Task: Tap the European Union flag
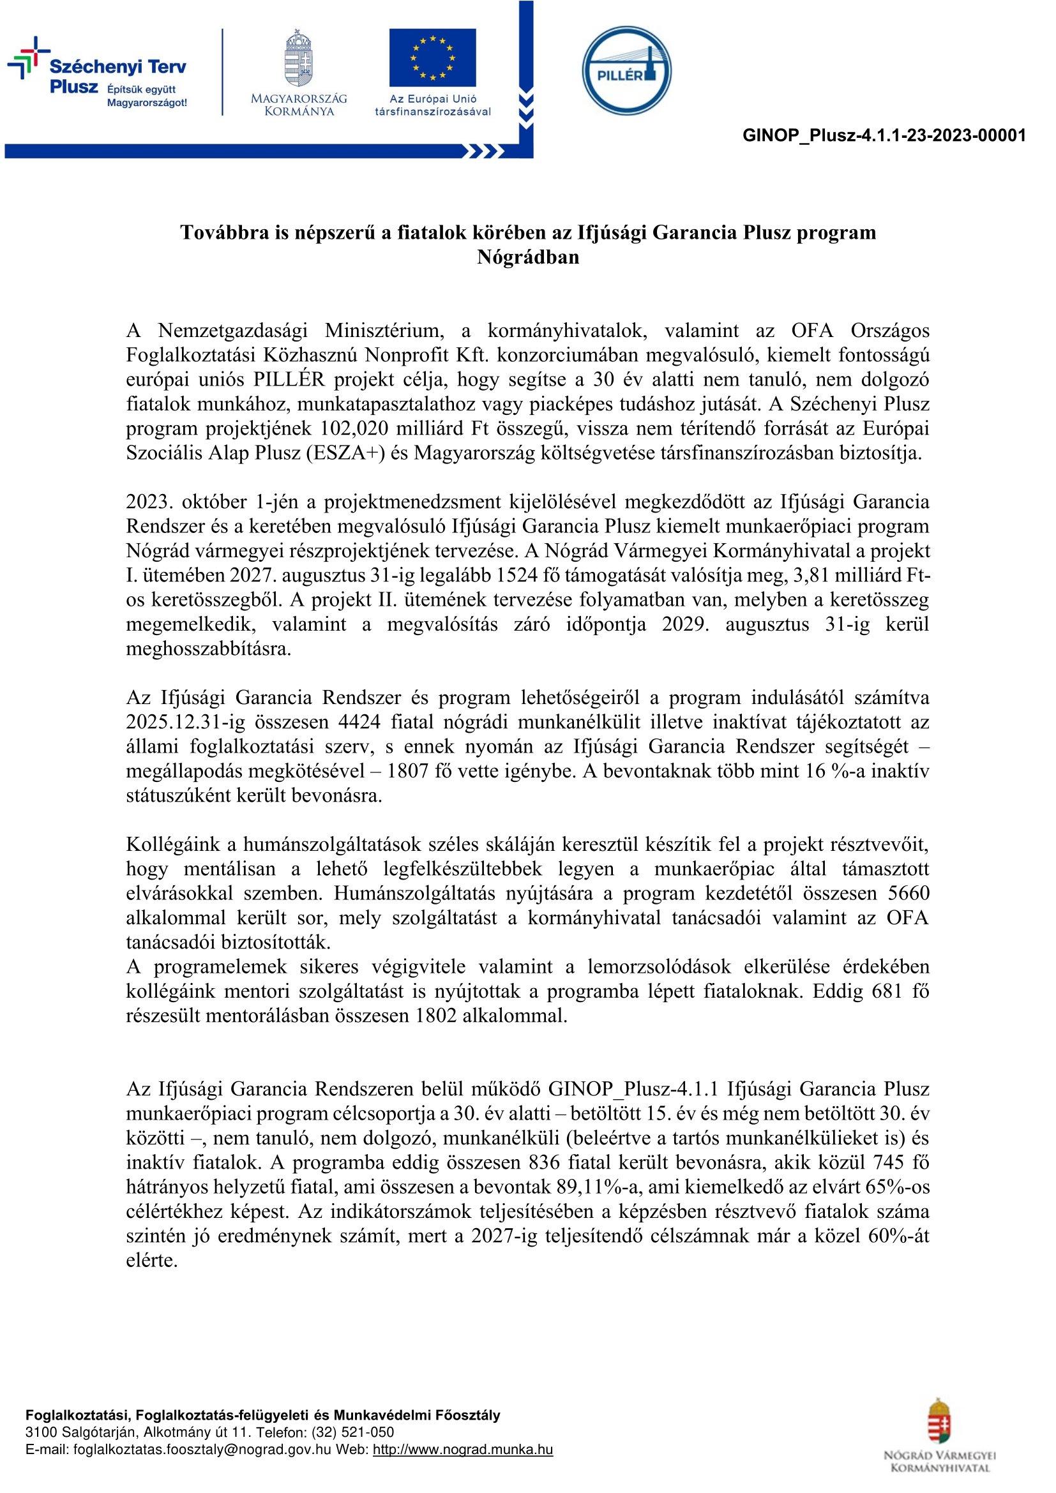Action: pos(432,58)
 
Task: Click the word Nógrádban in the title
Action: pos(528,257)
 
